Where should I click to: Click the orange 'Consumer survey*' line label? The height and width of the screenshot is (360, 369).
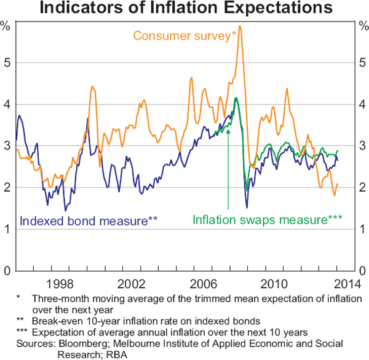[x=184, y=35]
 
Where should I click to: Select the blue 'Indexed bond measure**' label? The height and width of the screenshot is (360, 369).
[x=90, y=219]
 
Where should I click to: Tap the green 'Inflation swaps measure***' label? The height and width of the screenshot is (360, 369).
[x=267, y=219]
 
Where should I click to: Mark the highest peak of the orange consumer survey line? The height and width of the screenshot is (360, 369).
[x=239, y=26]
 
